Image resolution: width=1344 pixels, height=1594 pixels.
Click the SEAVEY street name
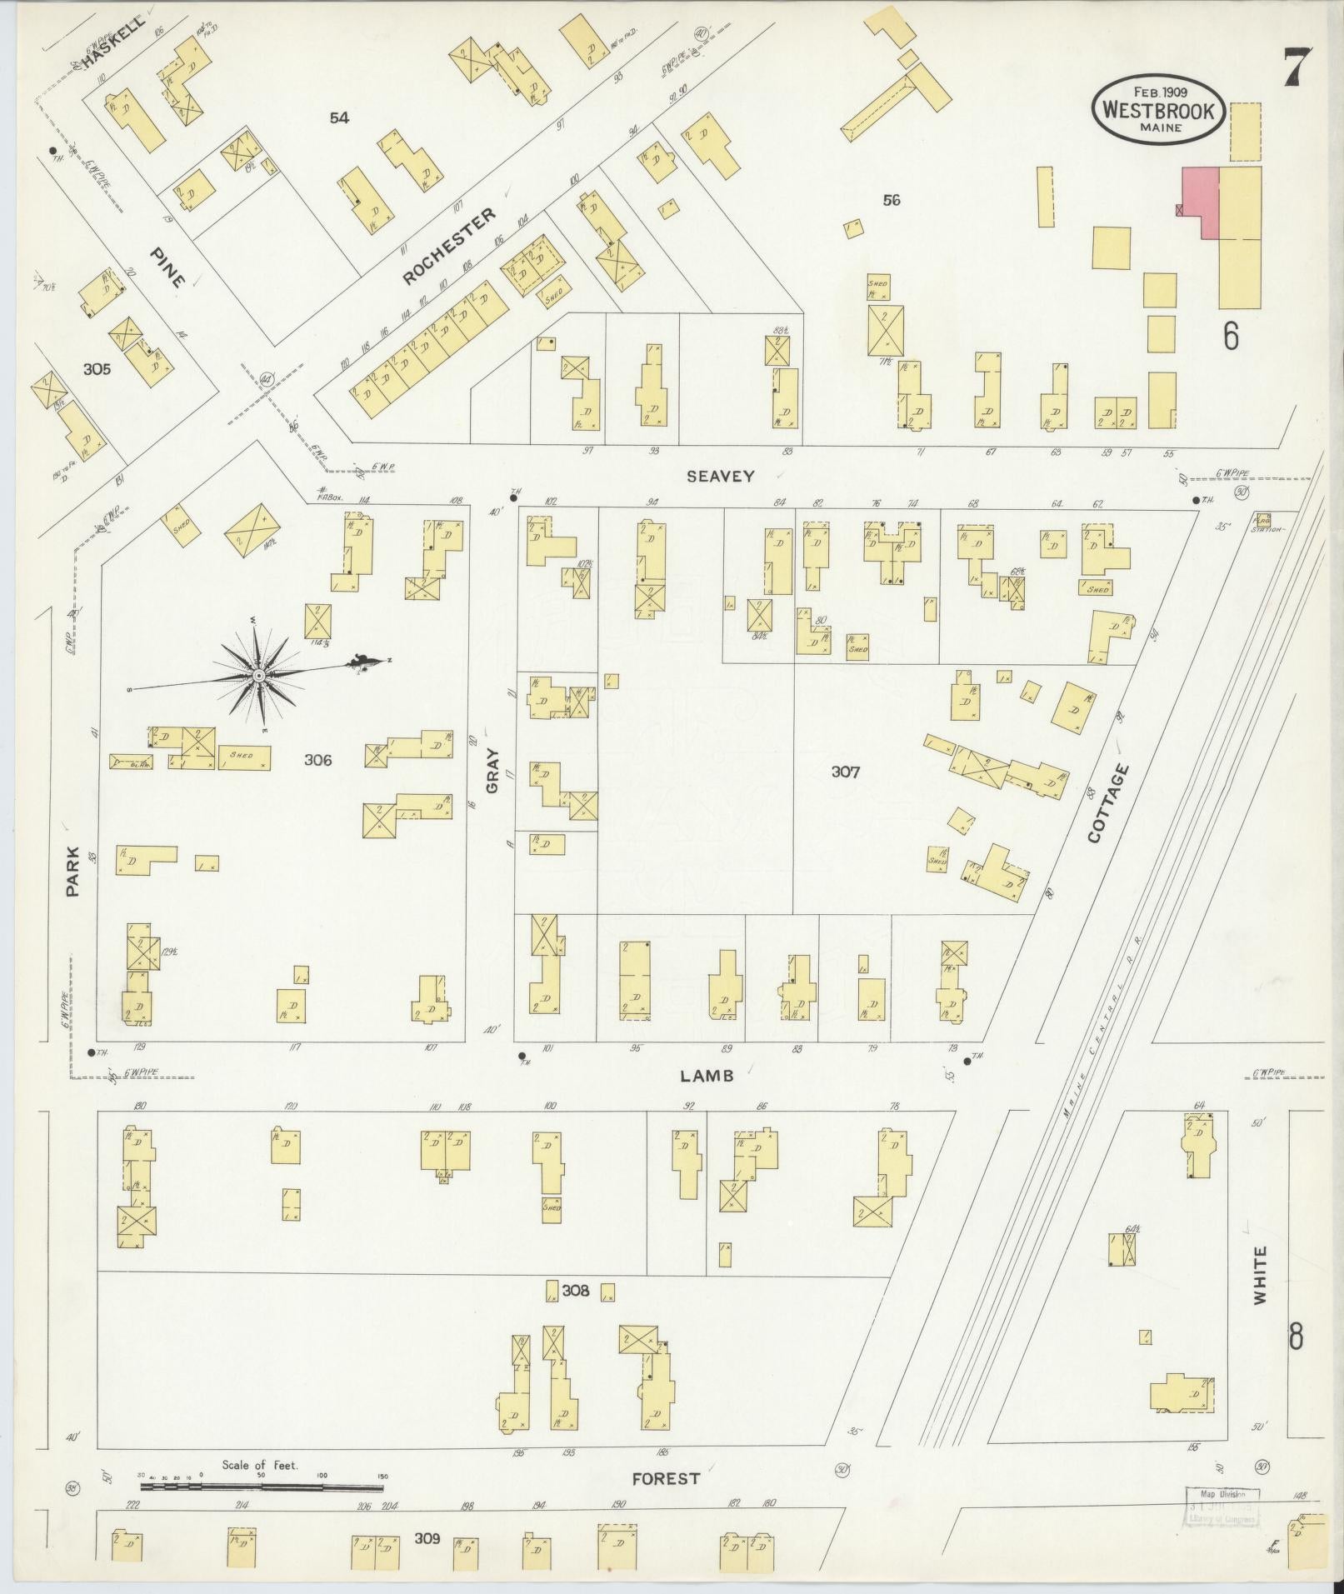click(721, 477)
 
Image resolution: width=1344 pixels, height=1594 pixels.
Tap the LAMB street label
click(707, 1076)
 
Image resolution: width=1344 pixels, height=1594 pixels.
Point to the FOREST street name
click(666, 1478)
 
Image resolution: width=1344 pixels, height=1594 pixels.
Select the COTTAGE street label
click(1108, 803)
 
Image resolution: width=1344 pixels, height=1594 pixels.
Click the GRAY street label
click(492, 771)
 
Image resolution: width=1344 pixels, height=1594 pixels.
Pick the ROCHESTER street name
click(448, 247)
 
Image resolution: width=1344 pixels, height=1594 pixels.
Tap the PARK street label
click(73, 872)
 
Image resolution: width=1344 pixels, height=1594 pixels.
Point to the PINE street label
click(167, 267)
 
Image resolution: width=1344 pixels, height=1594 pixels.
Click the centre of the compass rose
click(259, 674)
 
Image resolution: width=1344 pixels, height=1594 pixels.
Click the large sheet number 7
click(1297, 67)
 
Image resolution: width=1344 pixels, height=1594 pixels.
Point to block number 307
click(846, 772)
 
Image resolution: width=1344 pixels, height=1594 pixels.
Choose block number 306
click(318, 759)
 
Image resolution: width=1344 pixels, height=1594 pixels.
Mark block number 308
click(576, 1291)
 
